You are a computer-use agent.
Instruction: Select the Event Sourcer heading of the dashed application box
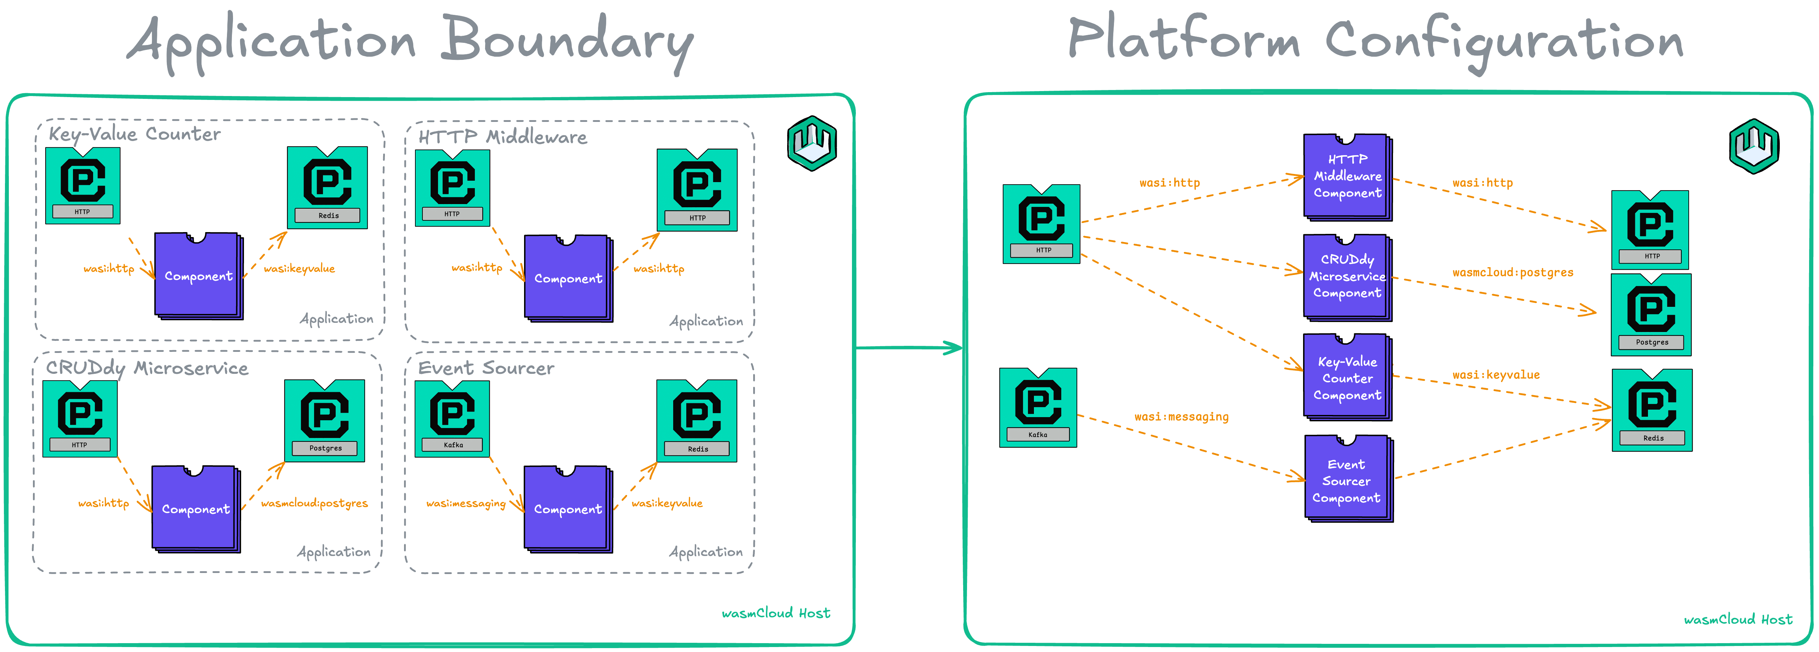click(486, 368)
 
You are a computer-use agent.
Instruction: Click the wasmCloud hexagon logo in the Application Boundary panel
click(812, 144)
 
